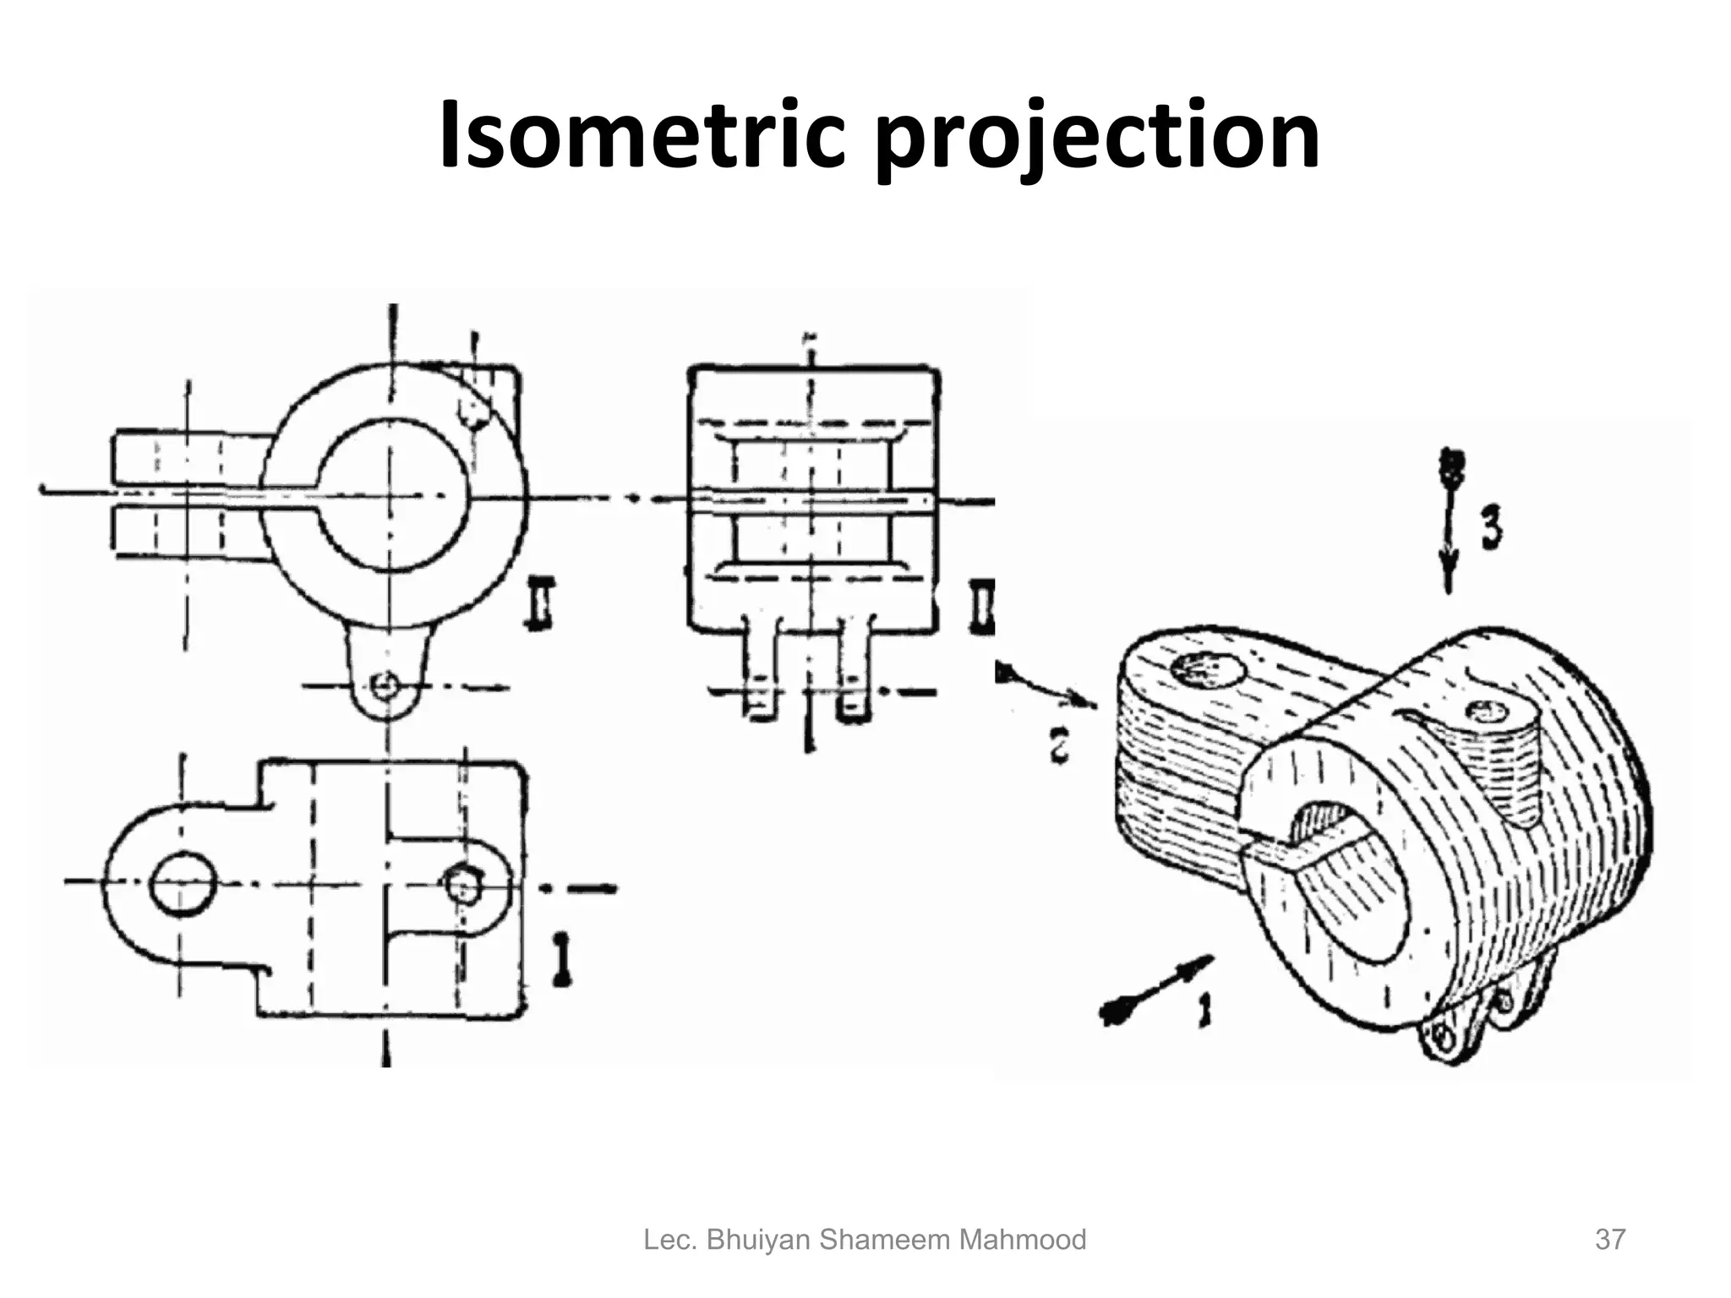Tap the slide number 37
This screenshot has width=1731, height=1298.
click(x=1609, y=1240)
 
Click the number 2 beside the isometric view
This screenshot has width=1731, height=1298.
click(x=1061, y=746)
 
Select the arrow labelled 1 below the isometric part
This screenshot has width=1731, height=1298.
click(x=1155, y=989)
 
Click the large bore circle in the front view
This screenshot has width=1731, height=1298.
click(x=392, y=494)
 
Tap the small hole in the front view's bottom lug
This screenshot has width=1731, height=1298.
click(x=387, y=684)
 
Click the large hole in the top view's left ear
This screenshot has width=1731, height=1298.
click(x=182, y=883)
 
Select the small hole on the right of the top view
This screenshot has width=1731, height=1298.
click(x=462, y=884)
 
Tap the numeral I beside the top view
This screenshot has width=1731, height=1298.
click(x=560, y=959)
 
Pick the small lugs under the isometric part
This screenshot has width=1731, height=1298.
click(x=1471, y=1018)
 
